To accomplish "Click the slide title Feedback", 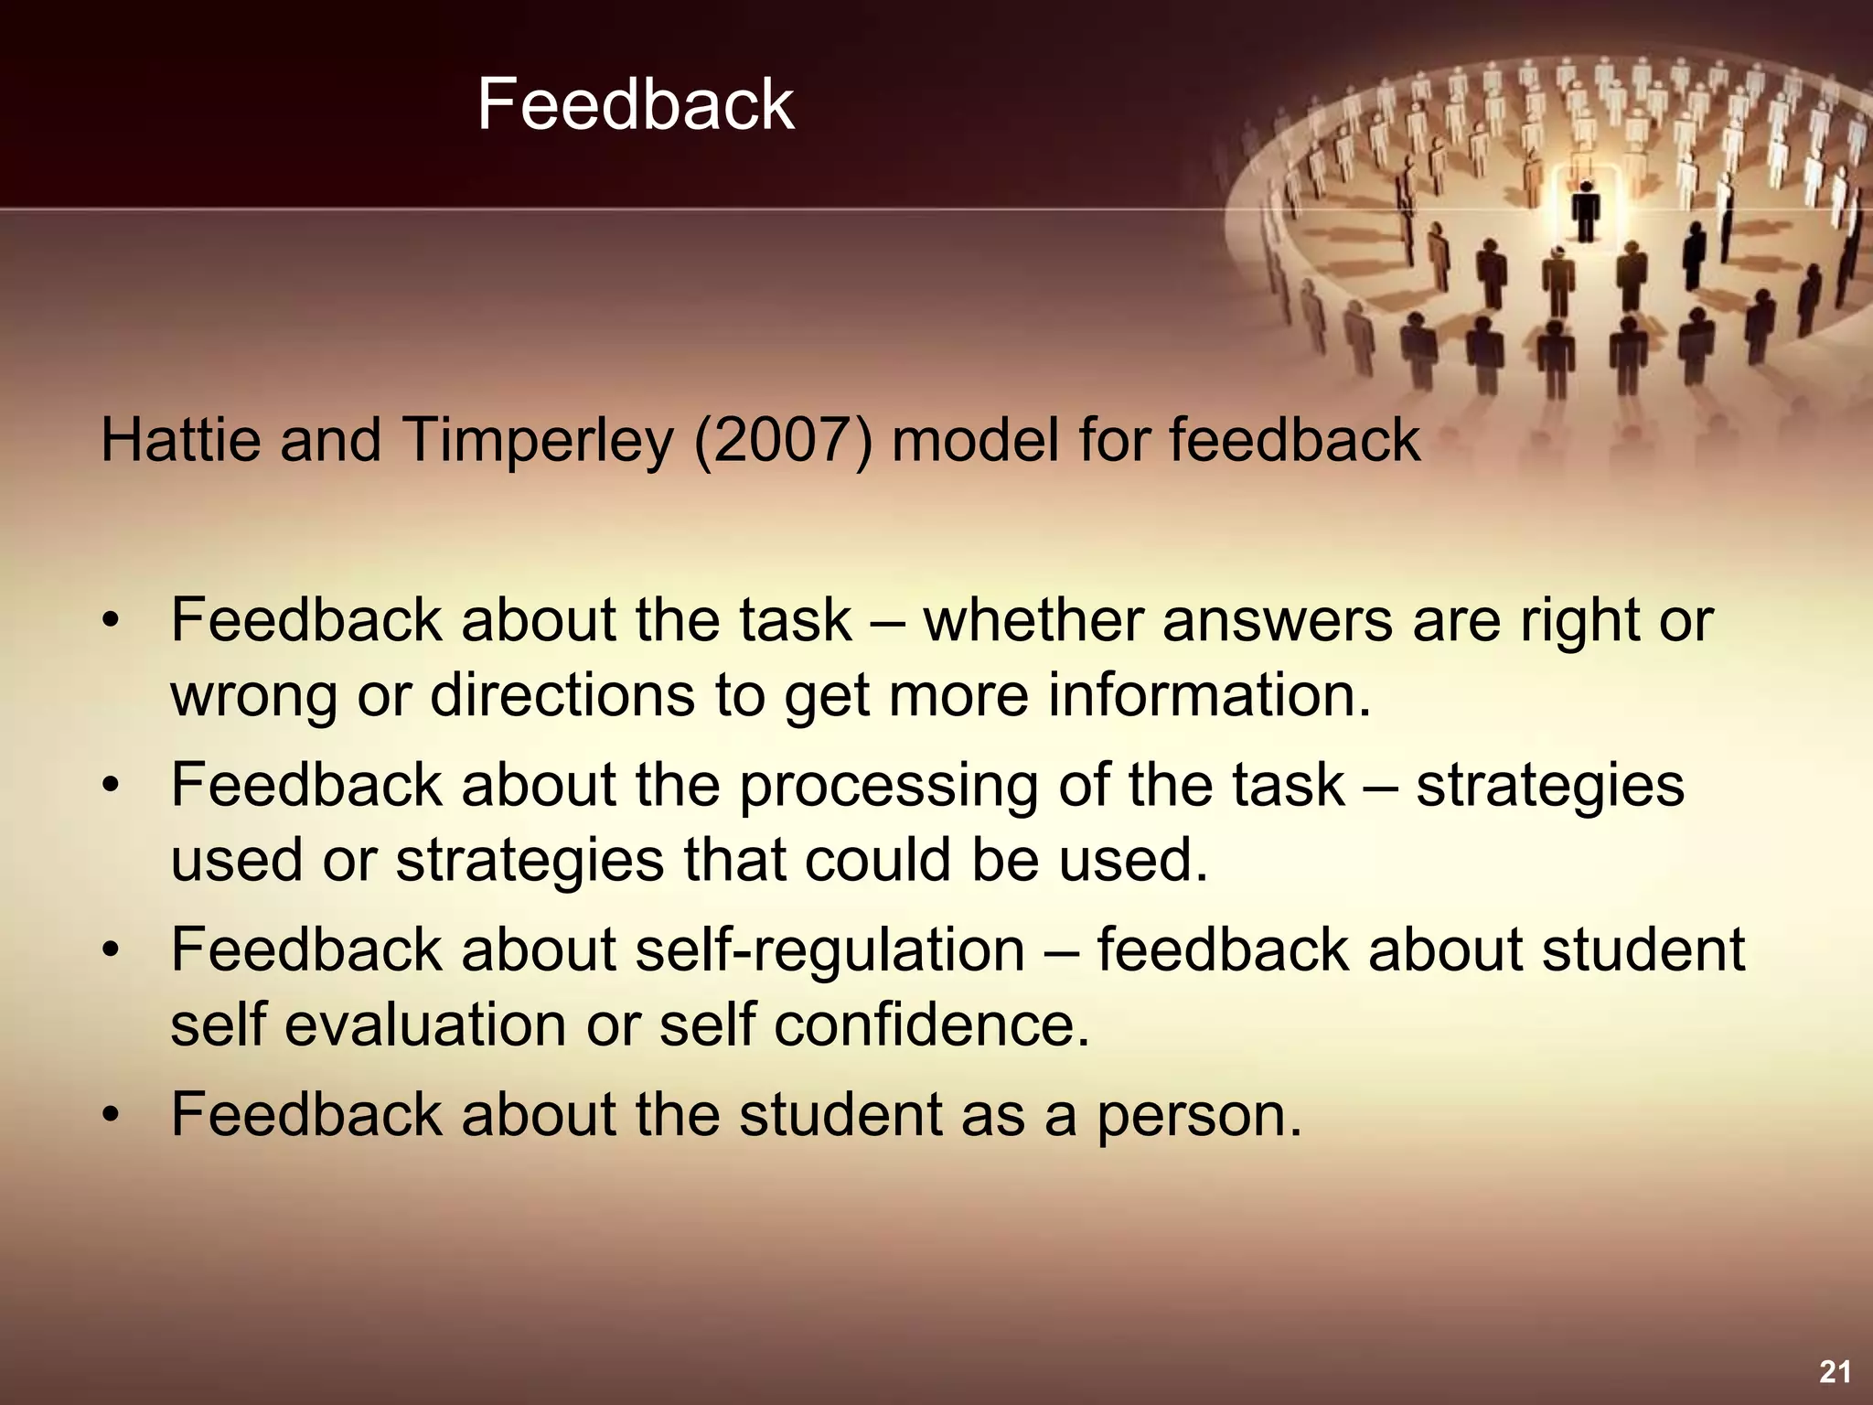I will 635,104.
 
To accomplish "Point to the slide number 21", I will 1835,1371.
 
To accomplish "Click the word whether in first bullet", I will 1033,620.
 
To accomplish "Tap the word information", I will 1209,695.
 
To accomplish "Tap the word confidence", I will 932,1024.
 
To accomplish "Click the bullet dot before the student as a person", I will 111,1115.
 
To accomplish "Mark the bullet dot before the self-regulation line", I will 111,949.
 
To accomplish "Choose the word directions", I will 562,695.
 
